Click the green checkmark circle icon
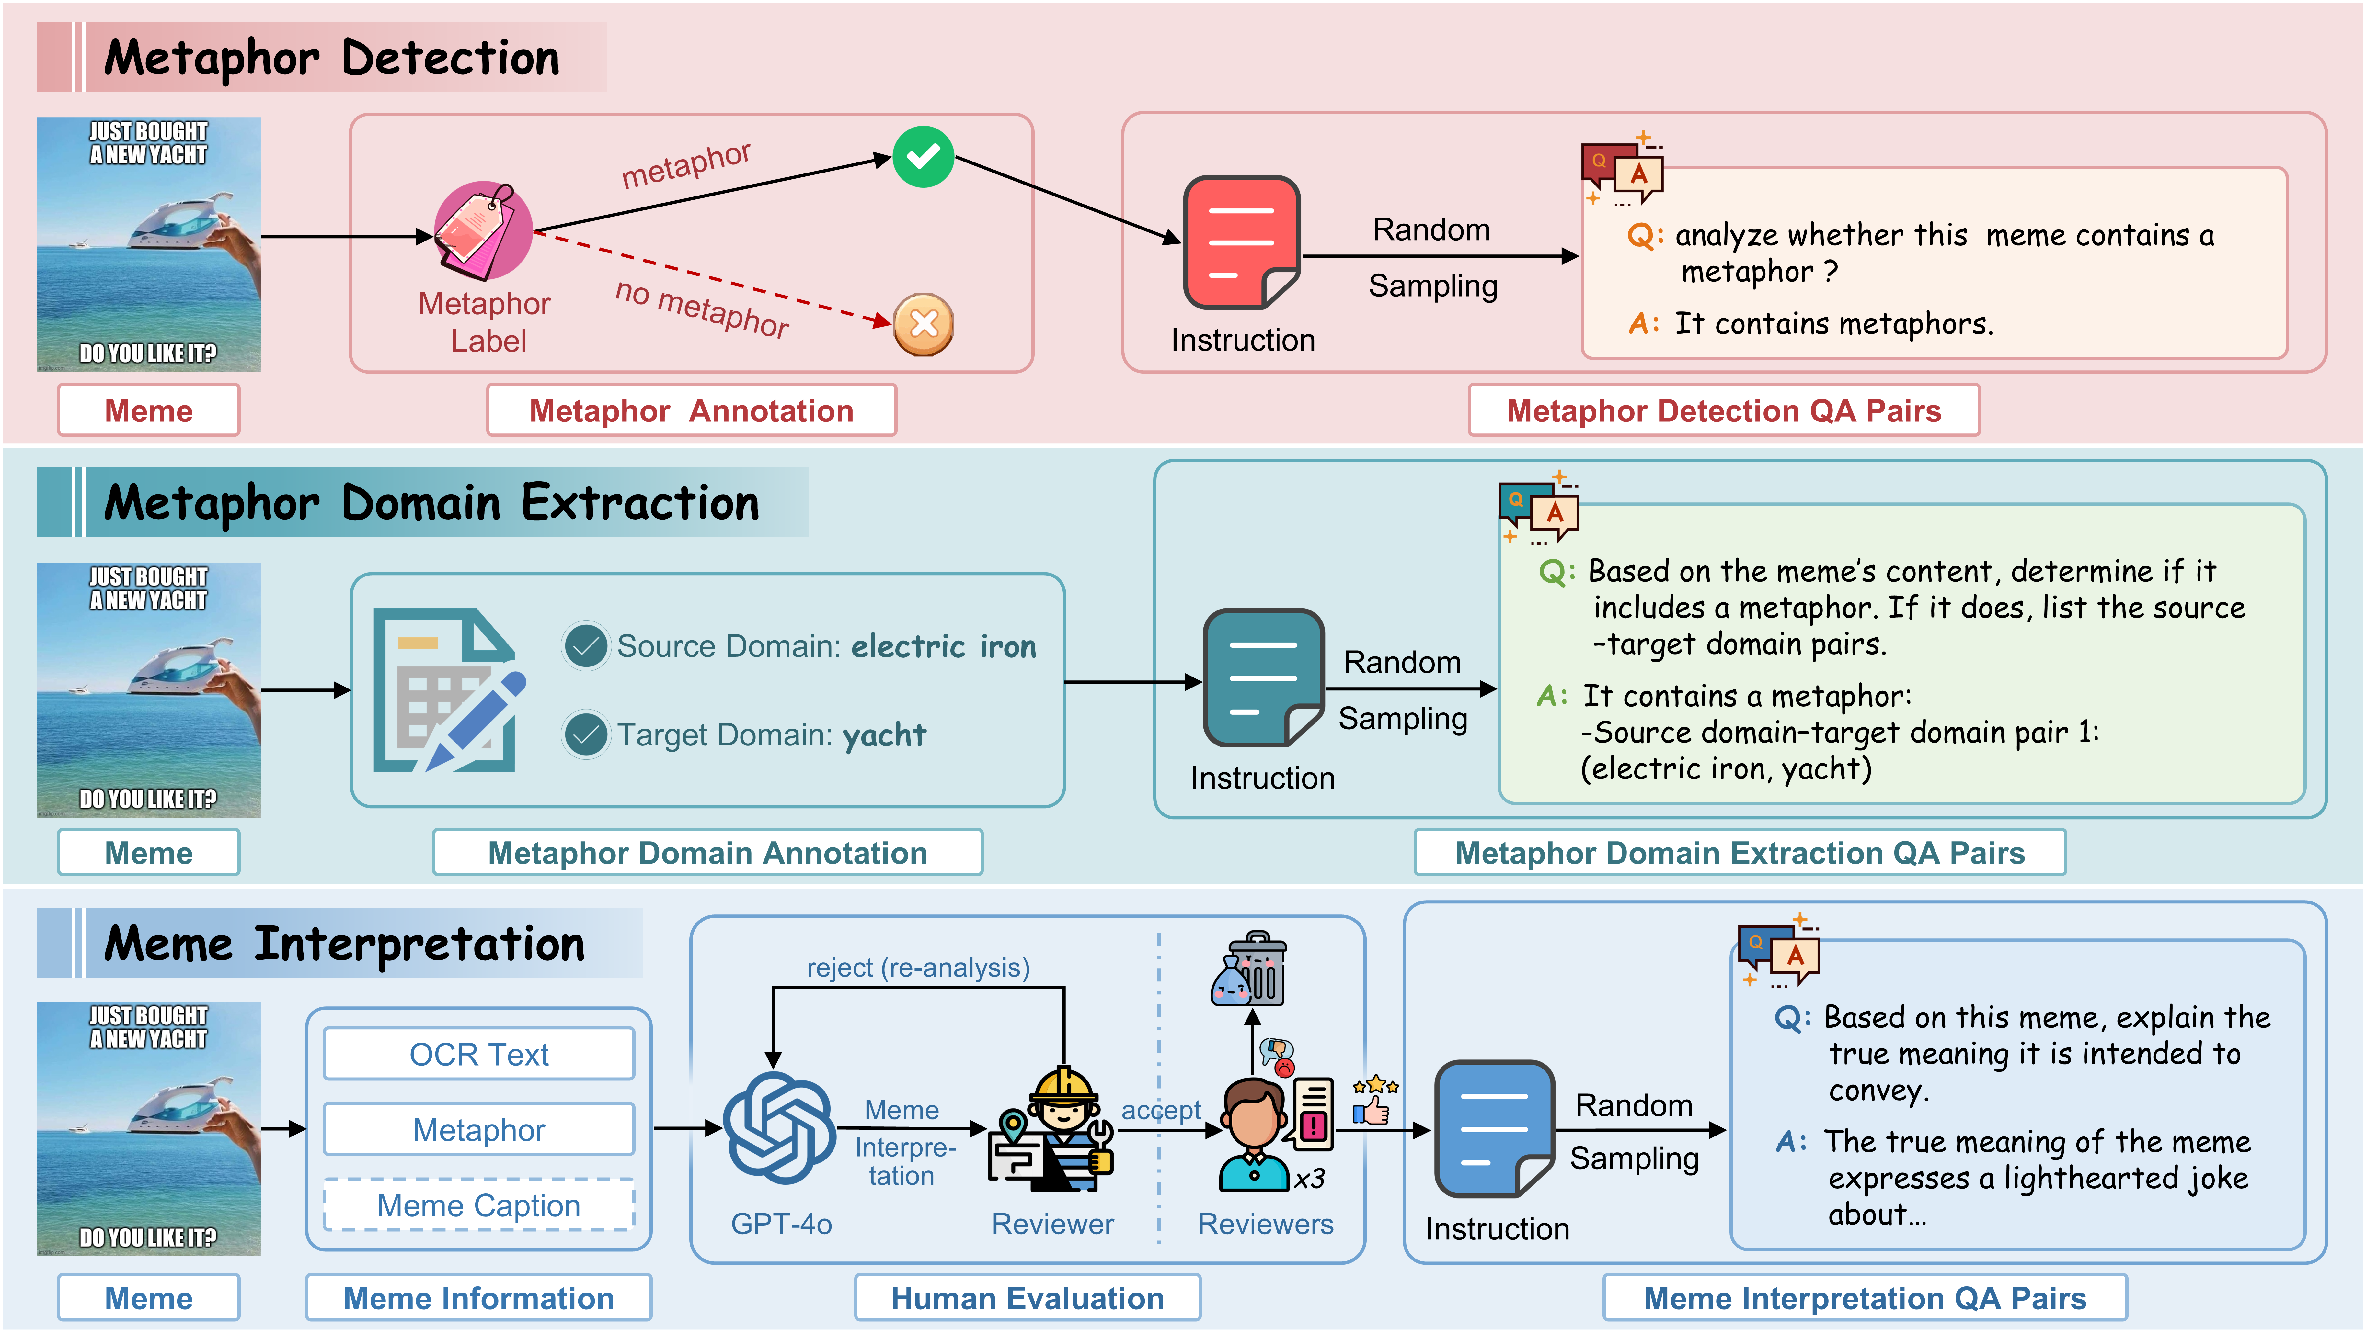click(923, 157)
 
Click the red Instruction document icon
click(1241, 242)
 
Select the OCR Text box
click(478, 1054)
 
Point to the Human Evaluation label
click(1027, 1298)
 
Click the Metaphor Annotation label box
click(691, 410)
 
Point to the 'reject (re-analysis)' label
click(918, 968)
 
